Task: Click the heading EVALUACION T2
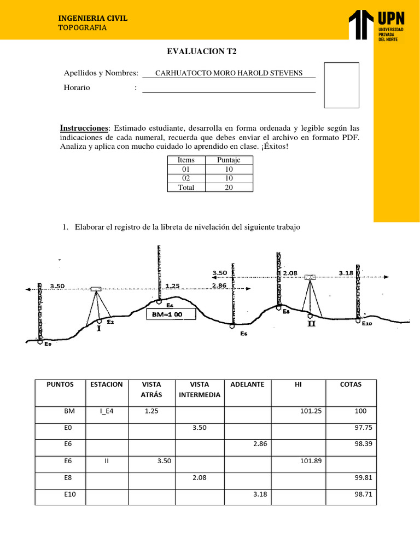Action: pos(202,52)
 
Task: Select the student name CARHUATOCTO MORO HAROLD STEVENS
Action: pos(229,73)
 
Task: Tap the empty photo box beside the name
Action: pos(341,85)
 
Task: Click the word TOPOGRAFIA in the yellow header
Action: pos(83,28)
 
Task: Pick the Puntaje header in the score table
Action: pos(229,160)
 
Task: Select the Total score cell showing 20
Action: pos(229,187)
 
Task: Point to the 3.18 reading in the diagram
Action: pos(346,273)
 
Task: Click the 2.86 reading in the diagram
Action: pos(219,285)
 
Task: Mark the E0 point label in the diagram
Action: pos(48,344)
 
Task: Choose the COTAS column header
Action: pos(351,384)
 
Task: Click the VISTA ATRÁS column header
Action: pos(151,389)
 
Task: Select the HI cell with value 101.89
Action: pos(311,461)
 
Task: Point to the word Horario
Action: pos(77,87)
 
